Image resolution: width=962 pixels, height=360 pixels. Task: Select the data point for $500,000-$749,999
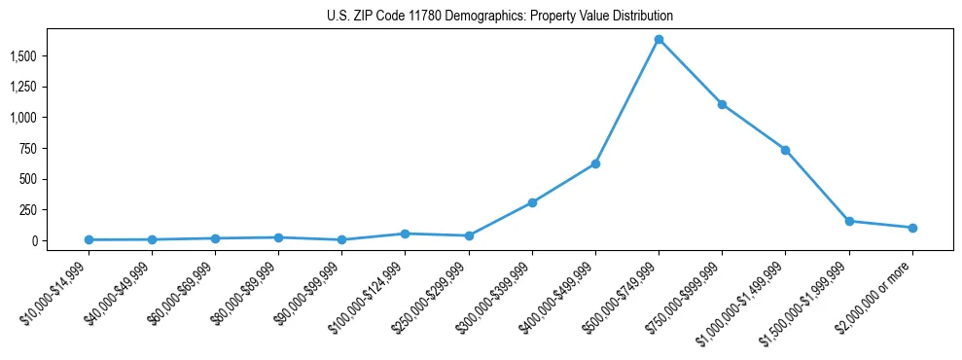click(x=659, y=40)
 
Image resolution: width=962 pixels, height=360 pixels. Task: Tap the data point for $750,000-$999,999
click(x=722, y=104)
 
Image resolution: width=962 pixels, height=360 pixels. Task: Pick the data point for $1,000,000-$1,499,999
click(x=785, y=150)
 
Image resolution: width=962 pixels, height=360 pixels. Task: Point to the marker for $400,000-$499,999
click(x=595, y=163)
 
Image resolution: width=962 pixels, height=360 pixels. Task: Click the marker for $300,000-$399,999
click(x=532, y=202)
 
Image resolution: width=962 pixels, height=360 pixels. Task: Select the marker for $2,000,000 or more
click(x=912, y=228)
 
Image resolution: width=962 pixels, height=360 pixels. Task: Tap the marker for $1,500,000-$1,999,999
click(x=849, y=221)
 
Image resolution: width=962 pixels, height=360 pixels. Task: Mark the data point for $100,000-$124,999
click(x=405, y=234)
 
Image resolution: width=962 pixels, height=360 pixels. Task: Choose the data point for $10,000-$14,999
click(x=89, y=239)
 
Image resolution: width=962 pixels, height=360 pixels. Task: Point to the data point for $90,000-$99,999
click(x=341, y=239)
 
